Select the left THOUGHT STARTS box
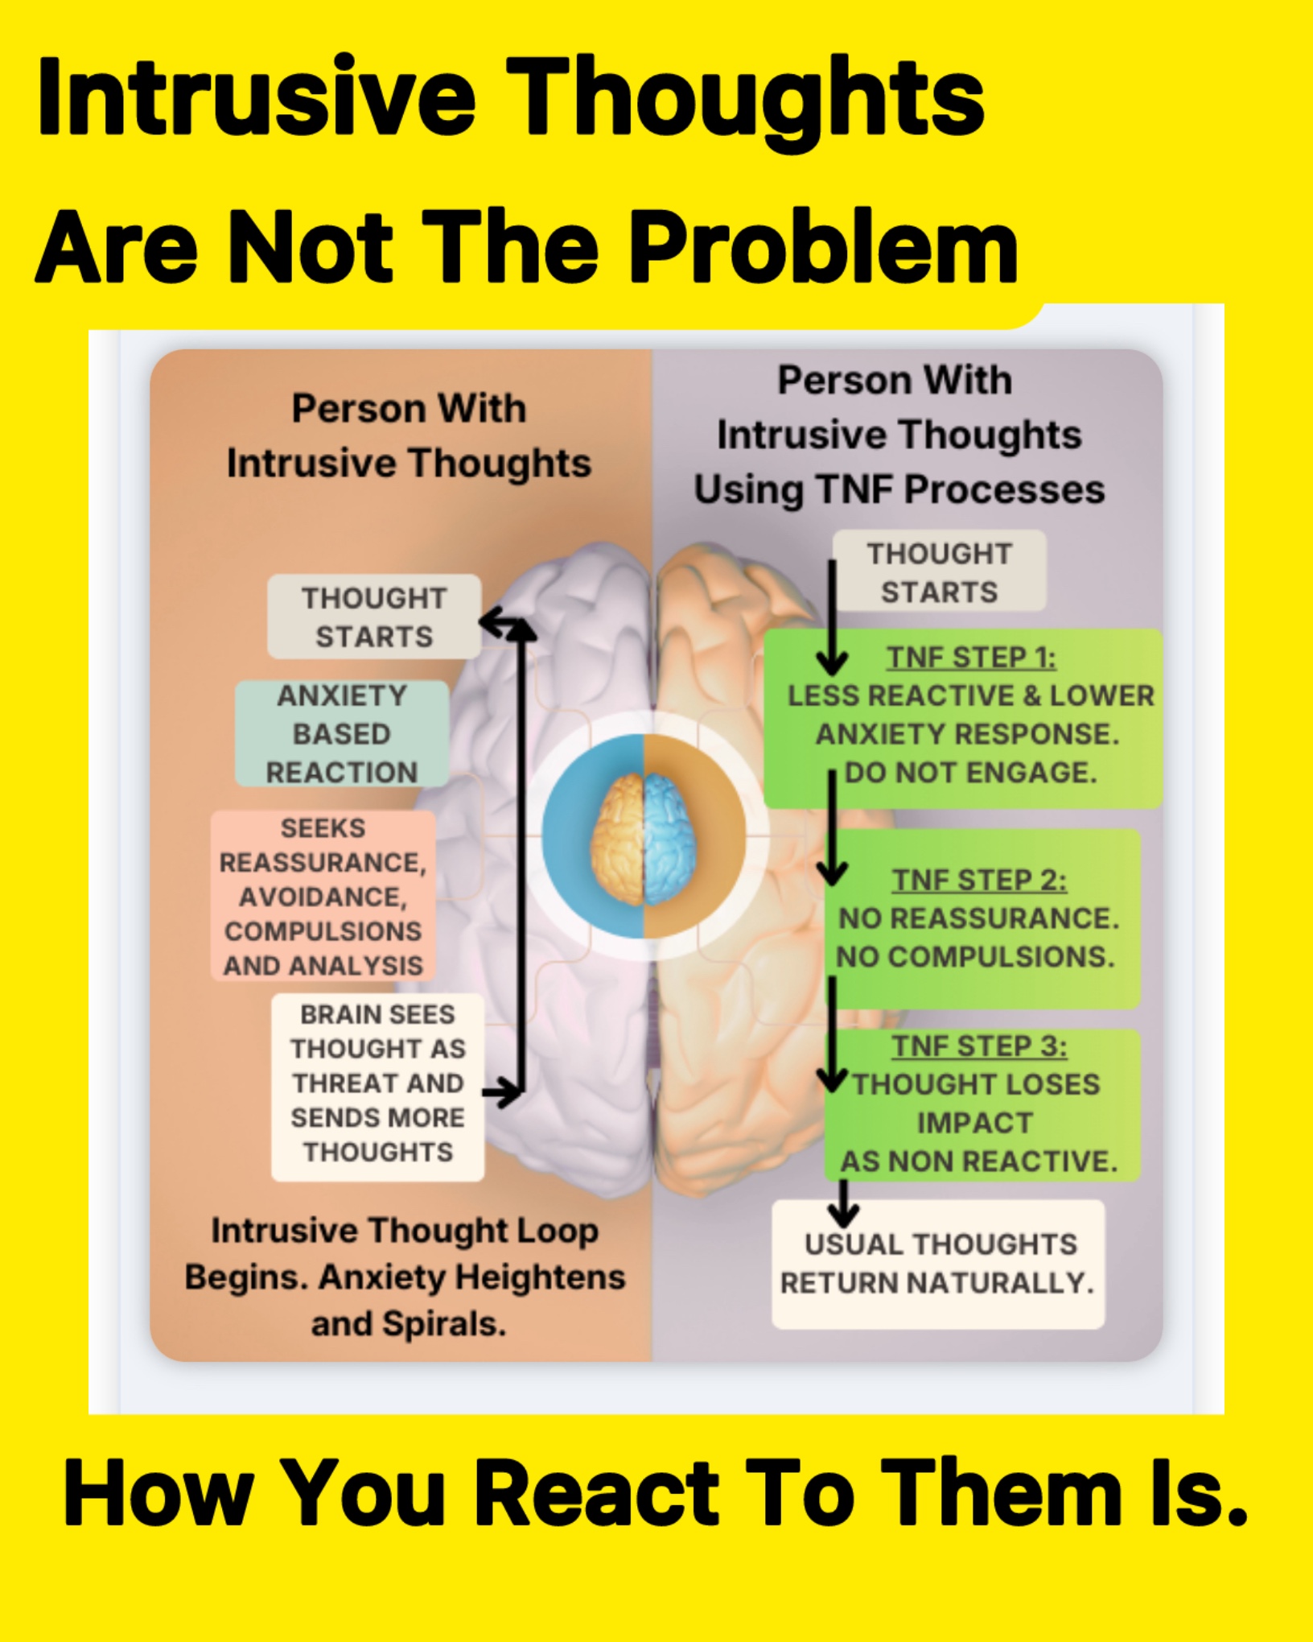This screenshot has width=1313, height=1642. (374, 617)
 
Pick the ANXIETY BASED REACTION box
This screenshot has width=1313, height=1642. (342, 733)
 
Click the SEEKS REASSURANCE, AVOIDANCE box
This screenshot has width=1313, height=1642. (323, 896)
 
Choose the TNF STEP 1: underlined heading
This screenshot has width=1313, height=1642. (971, 658)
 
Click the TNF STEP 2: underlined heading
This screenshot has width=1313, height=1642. (979, 880)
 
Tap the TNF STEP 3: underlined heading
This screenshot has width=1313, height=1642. (979, 1046)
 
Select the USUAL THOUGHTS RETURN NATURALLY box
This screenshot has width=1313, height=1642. (938, 1264)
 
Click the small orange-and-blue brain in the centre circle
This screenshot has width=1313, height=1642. (644, 838)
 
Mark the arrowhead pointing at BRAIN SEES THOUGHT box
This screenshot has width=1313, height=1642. (505, 1092)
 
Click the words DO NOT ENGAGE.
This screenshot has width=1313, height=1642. (970, 773)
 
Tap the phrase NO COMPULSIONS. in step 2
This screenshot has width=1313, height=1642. (975, 956)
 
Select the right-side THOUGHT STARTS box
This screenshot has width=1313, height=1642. (939, 571)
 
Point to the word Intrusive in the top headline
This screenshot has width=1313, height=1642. (257, 97)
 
